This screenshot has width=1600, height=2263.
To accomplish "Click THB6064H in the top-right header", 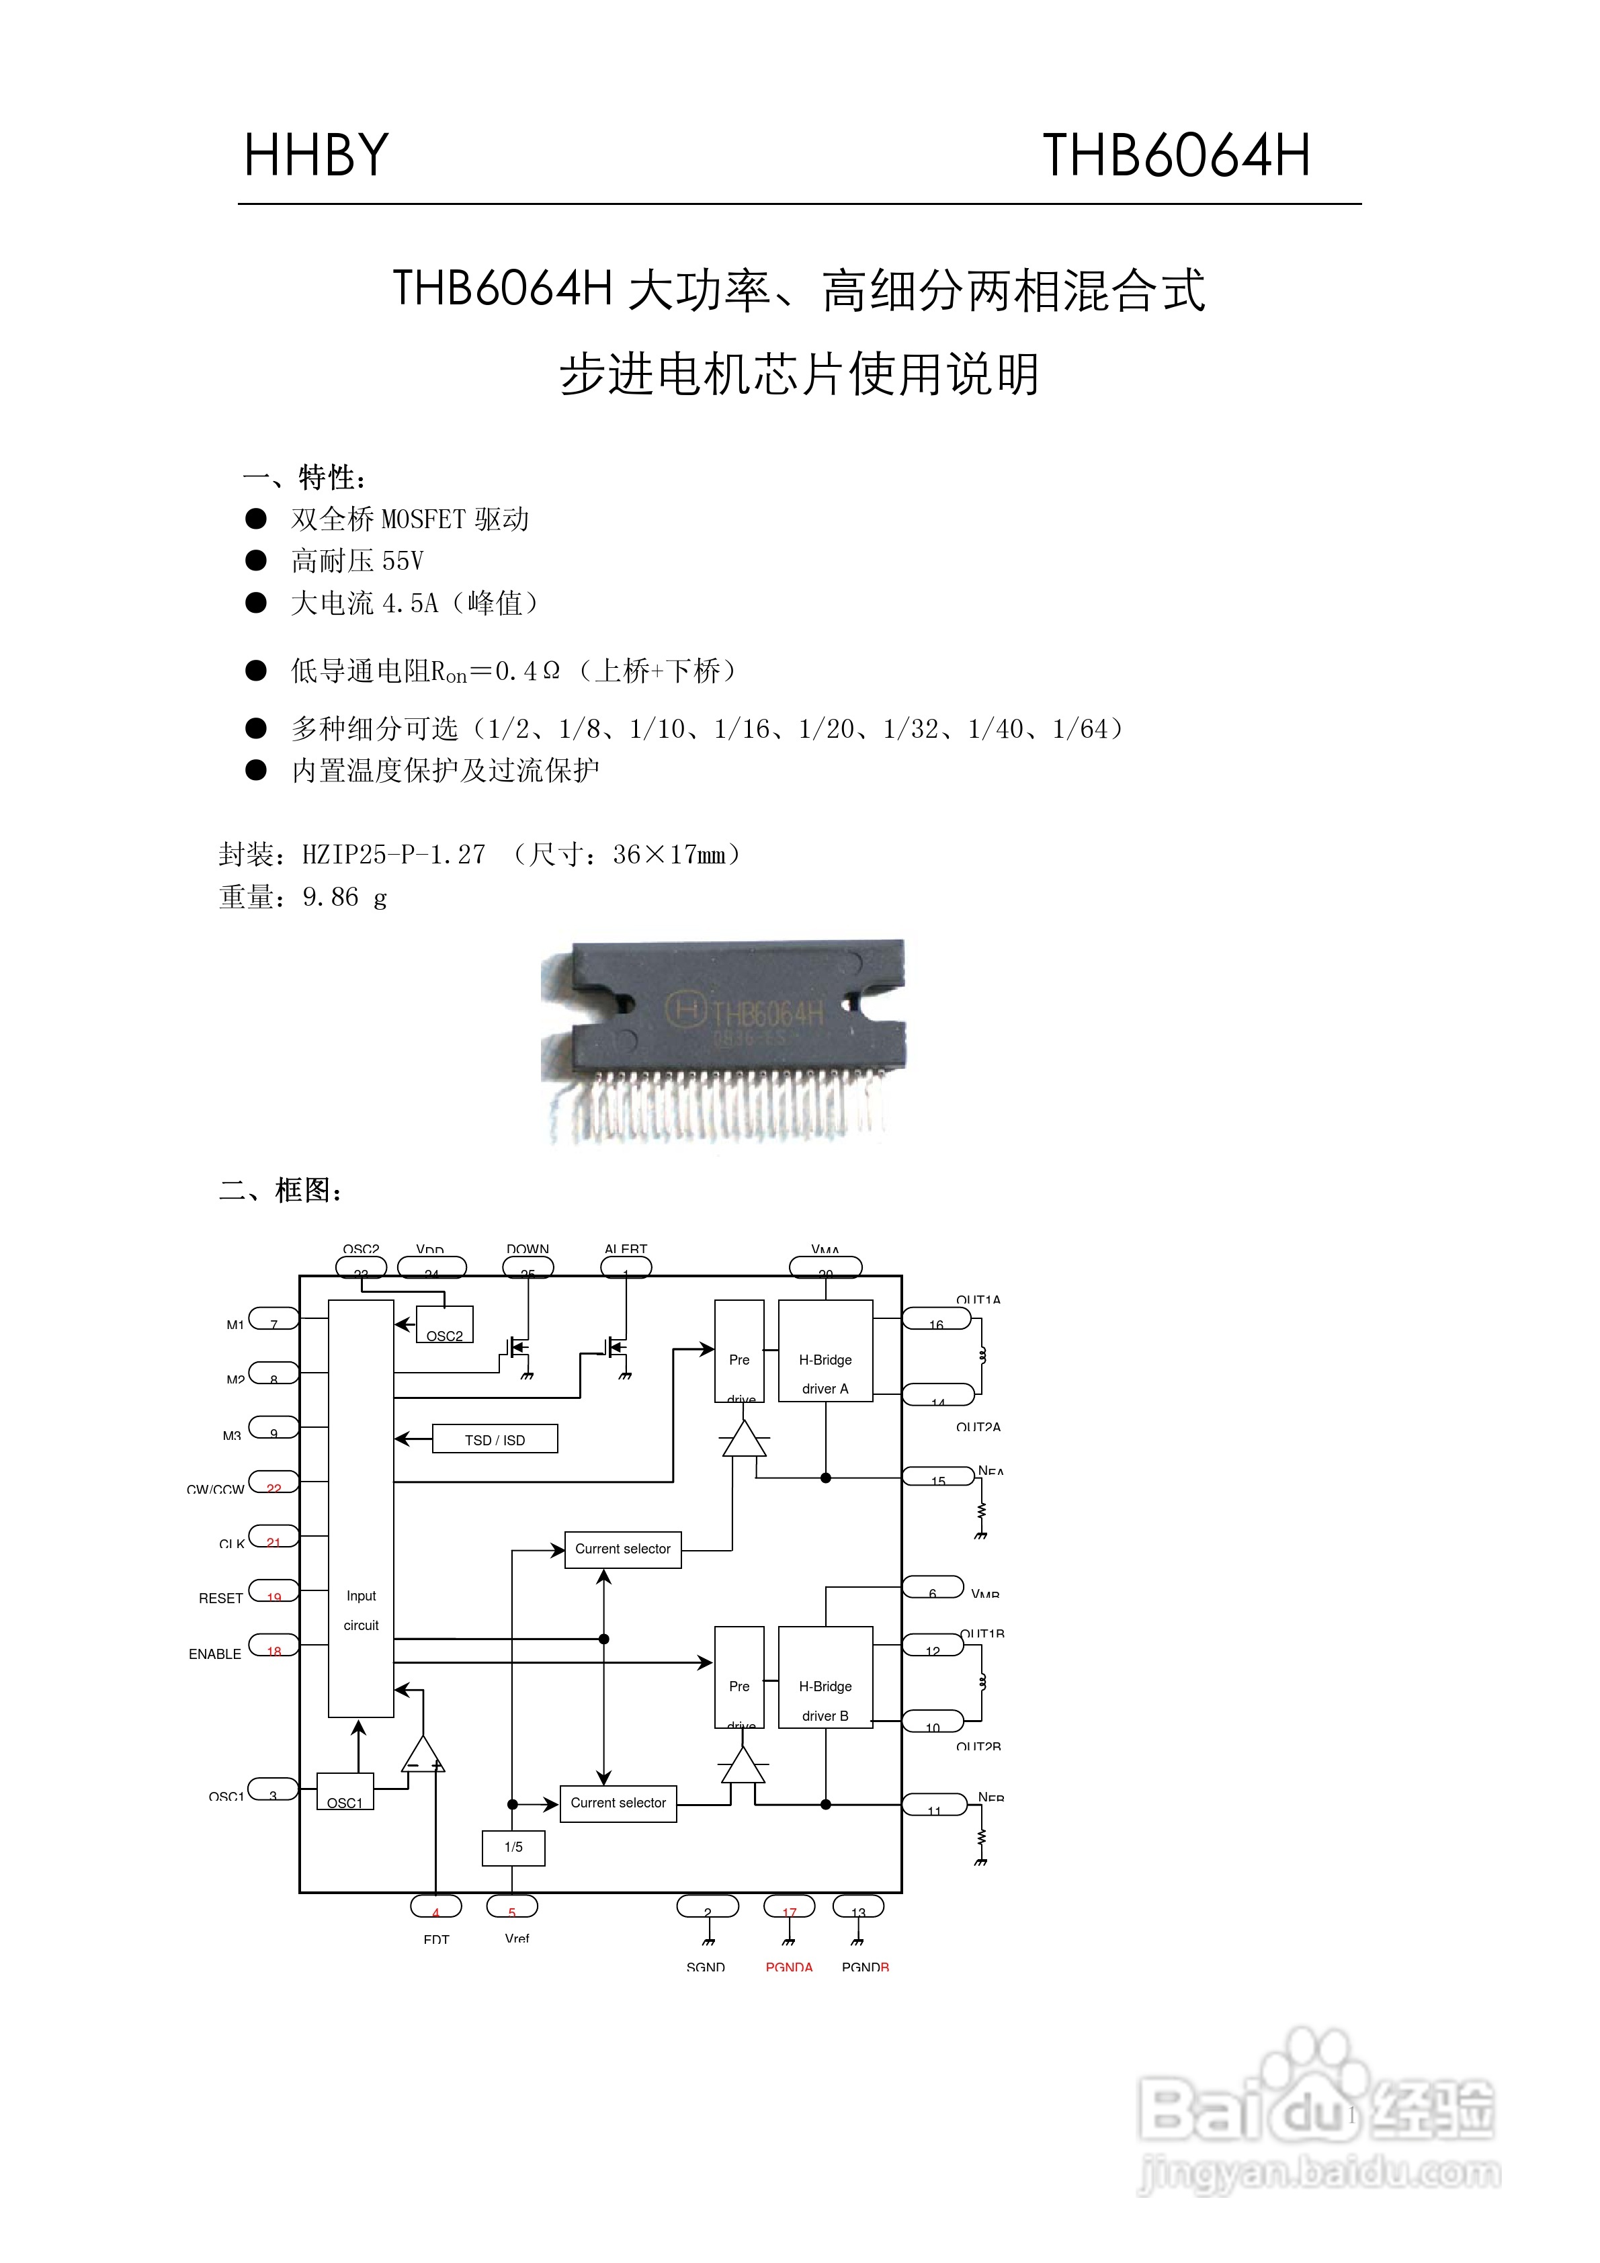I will point(1176,156).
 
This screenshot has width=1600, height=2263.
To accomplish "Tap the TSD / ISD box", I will point(495,1439).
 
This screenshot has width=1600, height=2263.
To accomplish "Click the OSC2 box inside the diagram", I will point(445,1326).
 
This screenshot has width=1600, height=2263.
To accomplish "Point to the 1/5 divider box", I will point(513,1847).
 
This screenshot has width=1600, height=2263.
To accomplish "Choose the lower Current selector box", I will point(618,1803).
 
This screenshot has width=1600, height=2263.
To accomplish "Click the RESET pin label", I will point(221,1598).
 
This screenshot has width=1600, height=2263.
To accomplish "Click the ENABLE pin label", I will point(215,1654).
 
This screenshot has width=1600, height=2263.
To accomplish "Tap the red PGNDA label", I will point(789,1966).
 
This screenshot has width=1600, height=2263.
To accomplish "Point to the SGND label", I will point(706,1966).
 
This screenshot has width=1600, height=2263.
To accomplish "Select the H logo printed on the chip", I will point(686,1009).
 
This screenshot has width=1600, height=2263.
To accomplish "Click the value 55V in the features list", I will point(403,561).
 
